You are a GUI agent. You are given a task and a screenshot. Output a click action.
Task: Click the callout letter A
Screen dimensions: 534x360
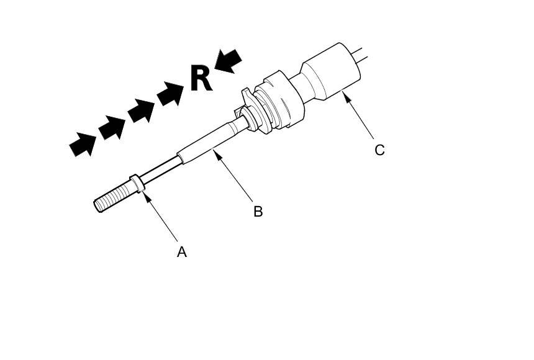[x=182, y=251]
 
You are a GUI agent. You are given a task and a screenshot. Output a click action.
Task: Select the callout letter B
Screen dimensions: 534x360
[x=258, y=211]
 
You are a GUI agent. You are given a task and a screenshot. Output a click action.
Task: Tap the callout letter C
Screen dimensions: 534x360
[x=379, y=150]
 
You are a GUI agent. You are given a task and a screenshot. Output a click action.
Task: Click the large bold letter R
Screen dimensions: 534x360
[x=201, y=79]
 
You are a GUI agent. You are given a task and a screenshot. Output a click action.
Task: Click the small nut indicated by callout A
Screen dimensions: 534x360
[x=137, y=184]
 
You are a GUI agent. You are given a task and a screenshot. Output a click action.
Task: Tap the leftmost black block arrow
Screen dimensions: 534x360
[x=83, y=144]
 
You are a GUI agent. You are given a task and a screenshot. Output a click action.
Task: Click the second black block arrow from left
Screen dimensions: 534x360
[x=112, y=127]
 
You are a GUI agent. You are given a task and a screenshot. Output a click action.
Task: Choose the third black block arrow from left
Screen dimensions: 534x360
[x=141, y=110]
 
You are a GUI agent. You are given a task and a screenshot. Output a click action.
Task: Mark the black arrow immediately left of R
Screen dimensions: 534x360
[x=170, y=94]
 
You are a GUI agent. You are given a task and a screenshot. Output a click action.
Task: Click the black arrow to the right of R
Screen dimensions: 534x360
[x=228, y=61]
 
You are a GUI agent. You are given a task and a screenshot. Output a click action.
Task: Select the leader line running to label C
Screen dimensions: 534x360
[x=360, y=117]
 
